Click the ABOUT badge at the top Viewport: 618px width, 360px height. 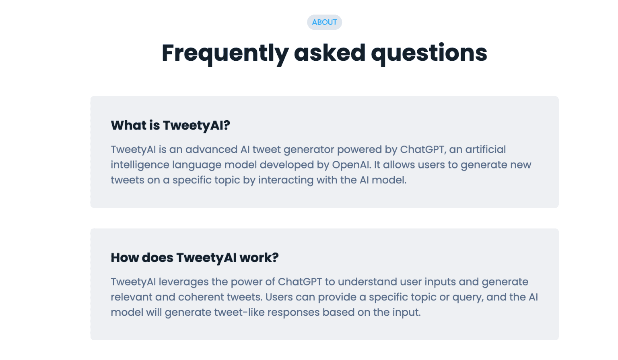[324, 22]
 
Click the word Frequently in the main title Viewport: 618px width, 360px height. [225, 53]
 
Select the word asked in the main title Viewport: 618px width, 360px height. [330, 53]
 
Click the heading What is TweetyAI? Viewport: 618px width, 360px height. [170, 125]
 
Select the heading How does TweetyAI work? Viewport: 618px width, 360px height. [195, 257]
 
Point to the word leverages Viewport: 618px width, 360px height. [183, 282]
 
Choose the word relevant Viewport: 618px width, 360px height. [132, 297]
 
